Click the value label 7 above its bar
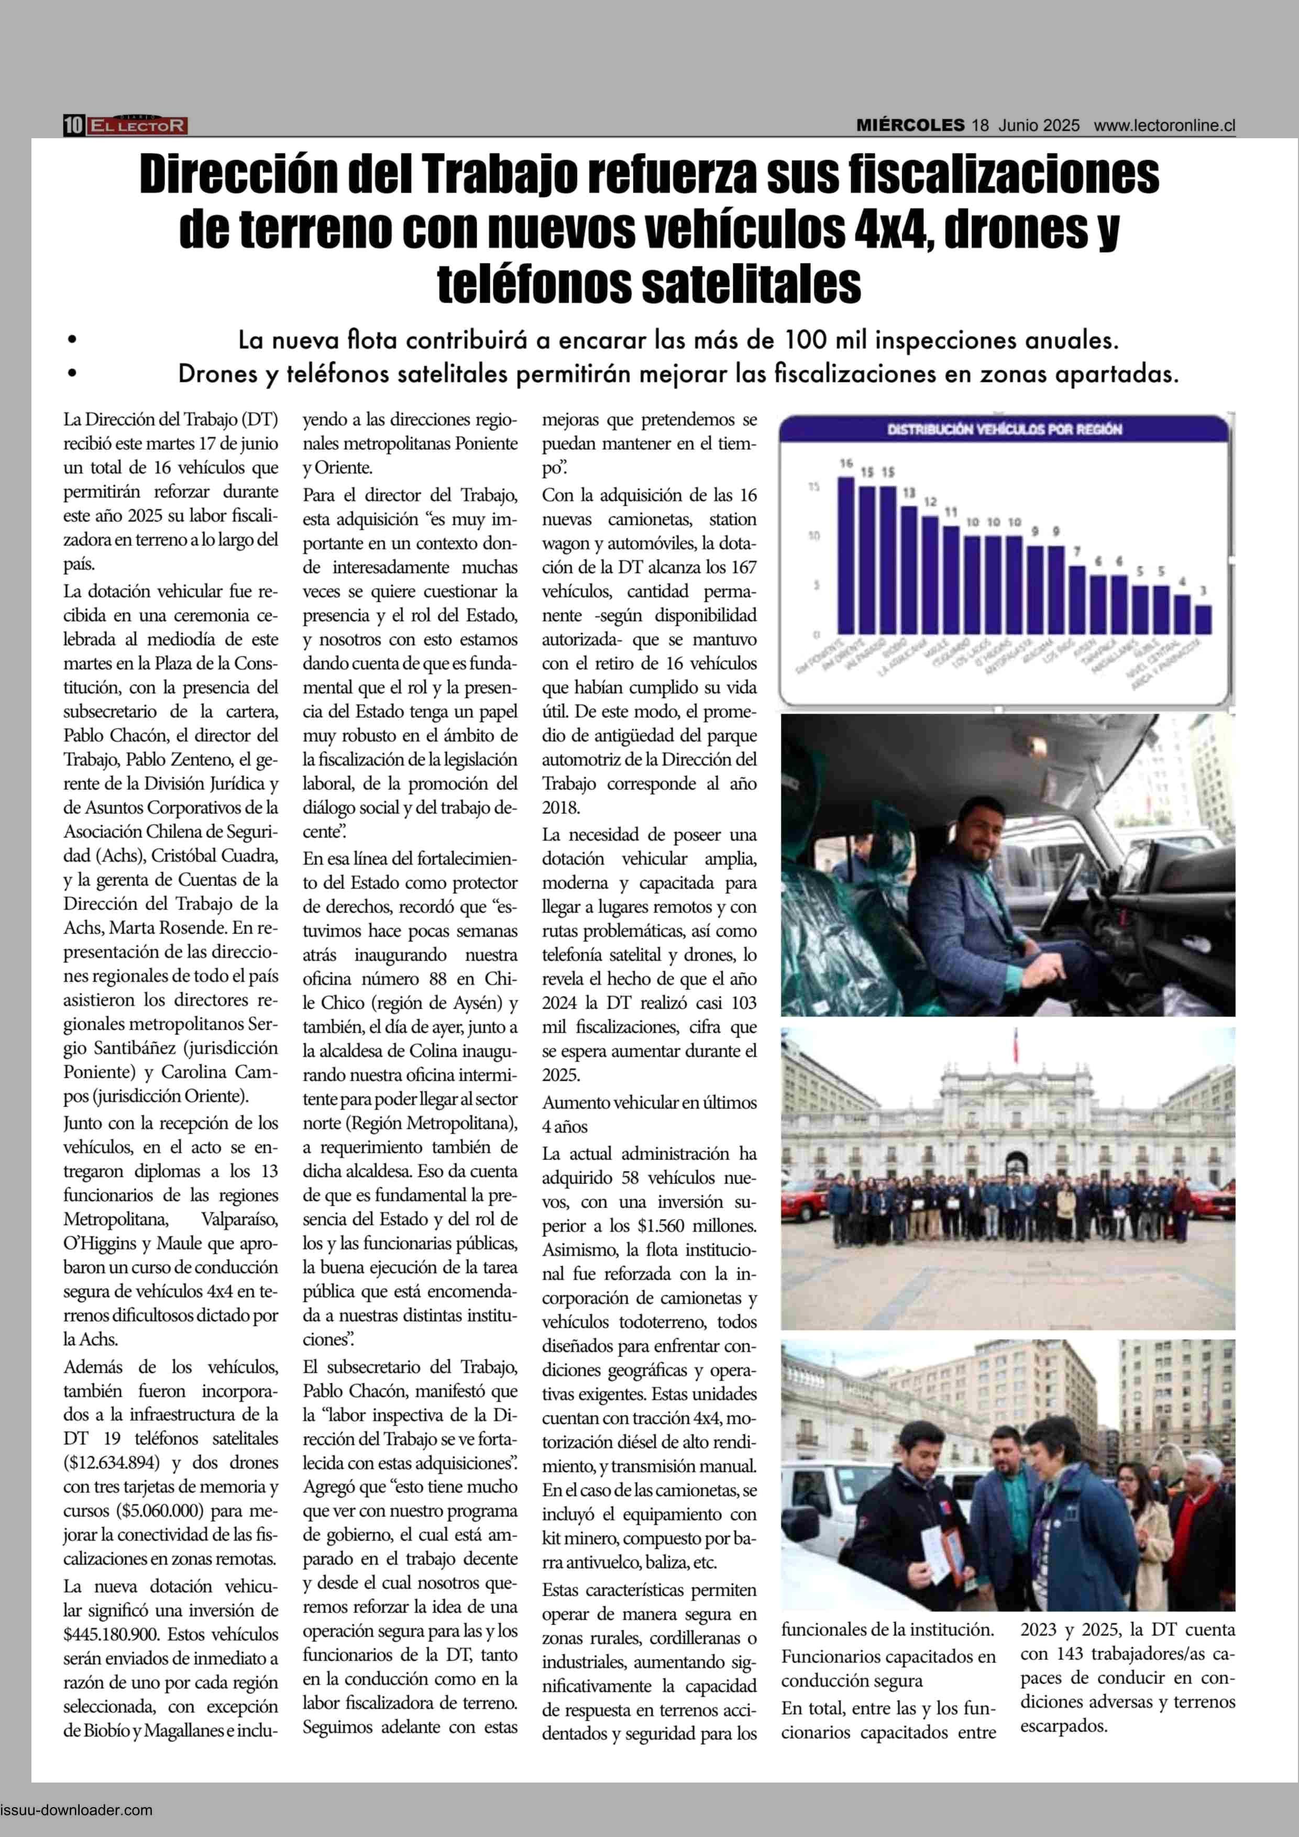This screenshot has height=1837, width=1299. (1077, 551)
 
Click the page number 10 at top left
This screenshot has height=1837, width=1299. (74, 126)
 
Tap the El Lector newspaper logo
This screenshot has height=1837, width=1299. (138, 126)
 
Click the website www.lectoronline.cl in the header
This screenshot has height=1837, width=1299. (1164, 126)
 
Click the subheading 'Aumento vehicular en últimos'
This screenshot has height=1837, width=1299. (649, 1102)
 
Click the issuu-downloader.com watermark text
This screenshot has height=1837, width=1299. (77, 1809)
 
